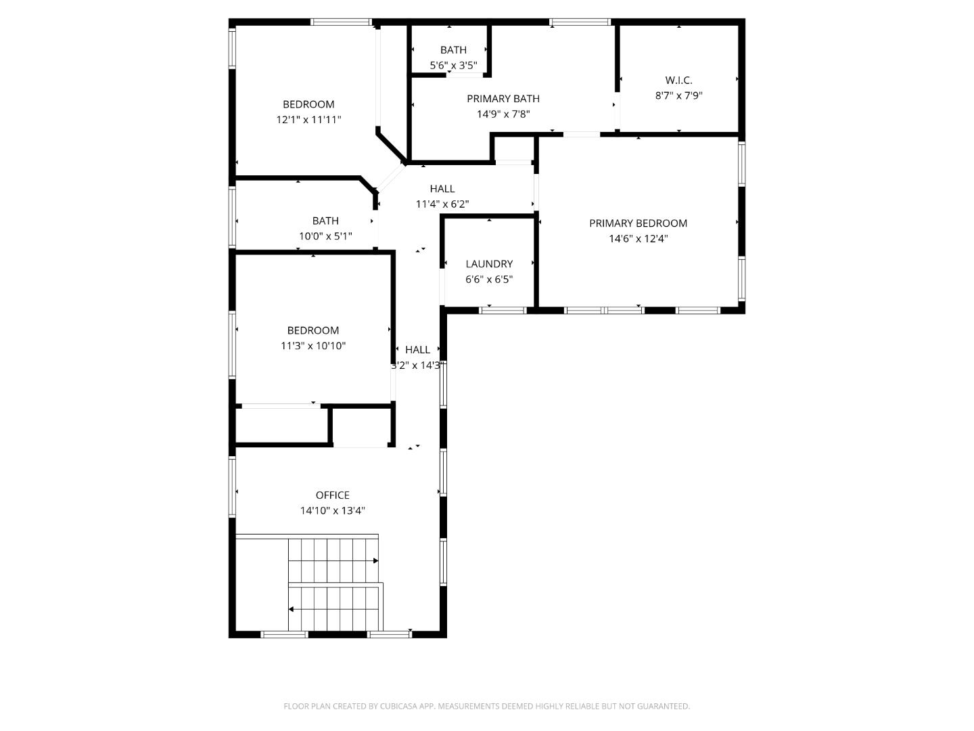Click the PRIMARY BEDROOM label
pos(638,223)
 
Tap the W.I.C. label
pos(678,81)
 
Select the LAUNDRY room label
pos(489,264)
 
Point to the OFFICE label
pos(333,495)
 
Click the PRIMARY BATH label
pos(503,99)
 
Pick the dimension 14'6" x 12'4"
pos(638,239)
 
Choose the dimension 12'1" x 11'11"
pos(308,120)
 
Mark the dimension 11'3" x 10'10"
pos(313,346)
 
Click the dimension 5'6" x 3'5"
pos(453,66)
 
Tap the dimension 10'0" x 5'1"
pos(325,236)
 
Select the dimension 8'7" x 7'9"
pos(678,96)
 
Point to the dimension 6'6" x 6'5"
pos(489,280)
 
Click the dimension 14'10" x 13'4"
pos(333,511)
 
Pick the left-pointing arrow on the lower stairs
pos(292,609)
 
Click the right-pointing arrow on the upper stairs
pos(375,560)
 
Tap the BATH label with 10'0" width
pos(325,221)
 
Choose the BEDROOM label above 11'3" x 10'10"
pos(313,330)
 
